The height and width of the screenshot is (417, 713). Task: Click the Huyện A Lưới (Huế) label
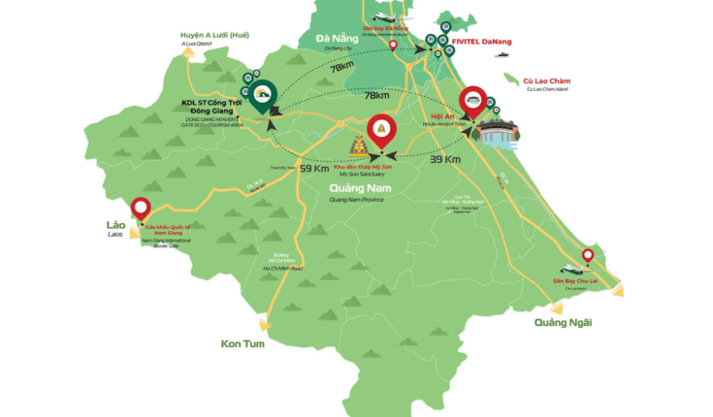tap(214, 35)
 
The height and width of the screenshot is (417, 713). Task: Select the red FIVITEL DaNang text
tap(482, 42)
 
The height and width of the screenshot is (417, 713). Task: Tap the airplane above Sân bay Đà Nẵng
tap(382, 17)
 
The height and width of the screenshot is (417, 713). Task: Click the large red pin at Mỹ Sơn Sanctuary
tap(382, 133)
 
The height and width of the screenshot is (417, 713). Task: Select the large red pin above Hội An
tap(473, 103)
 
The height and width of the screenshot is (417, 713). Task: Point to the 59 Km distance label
tap(313, 169)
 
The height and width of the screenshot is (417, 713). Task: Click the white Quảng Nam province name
tap(357, 187)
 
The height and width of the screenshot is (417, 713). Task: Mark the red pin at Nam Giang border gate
tap(141, 208)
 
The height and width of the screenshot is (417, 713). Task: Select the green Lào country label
tap(116, 224)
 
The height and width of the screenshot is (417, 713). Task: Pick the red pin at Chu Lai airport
tap(587, 257)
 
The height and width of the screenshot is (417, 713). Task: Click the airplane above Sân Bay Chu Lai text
tap(568, 270)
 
